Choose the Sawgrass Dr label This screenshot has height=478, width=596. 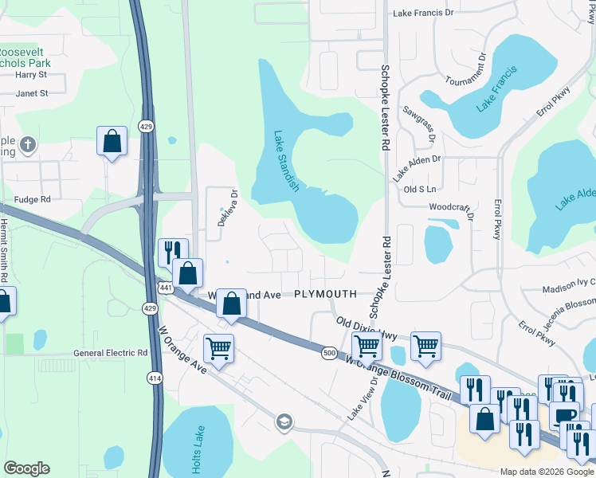click(x=420, y=125)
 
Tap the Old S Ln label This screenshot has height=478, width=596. click(x=420, y=189)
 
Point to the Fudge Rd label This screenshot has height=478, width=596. click(x=32, y=199)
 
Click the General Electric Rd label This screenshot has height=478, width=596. click(x=111, y=352)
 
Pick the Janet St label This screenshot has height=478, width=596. click(x=33, y=93)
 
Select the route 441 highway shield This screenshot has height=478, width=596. click(x=166, y=288)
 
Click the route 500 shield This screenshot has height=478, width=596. click(x=329, y=352)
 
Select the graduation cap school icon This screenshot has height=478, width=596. click(x=284, y=421)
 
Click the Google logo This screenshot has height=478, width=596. click(x=26, y=468)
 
